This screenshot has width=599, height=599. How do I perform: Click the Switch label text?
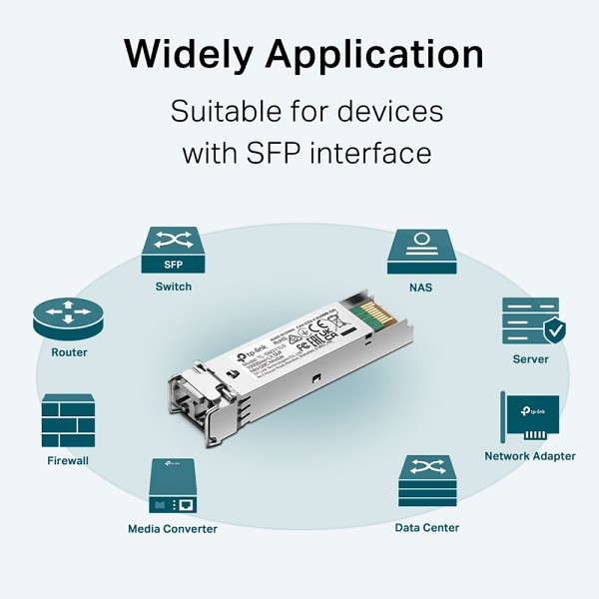pyautogui.click(x=173, y=287)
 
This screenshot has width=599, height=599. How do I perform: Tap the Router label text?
pyautogui.click(x=69, y=352)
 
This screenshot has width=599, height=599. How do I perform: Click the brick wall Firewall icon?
pyautogui.click(x=68, y=420)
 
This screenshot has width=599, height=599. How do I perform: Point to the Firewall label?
pyautogui.click(x=68, y=460)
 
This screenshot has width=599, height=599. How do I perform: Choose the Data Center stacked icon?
pyautogui.click(x=426, y=482)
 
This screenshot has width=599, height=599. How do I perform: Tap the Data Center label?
pyautogui.click(x=426, y=527)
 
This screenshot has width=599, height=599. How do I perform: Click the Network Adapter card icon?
pyautogui.click(x=528, y=417)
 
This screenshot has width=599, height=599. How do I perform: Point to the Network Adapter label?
pyautogui.click(x=529, y=456)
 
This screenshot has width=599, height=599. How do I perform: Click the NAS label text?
pyautogui.click(x=420, y=287)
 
